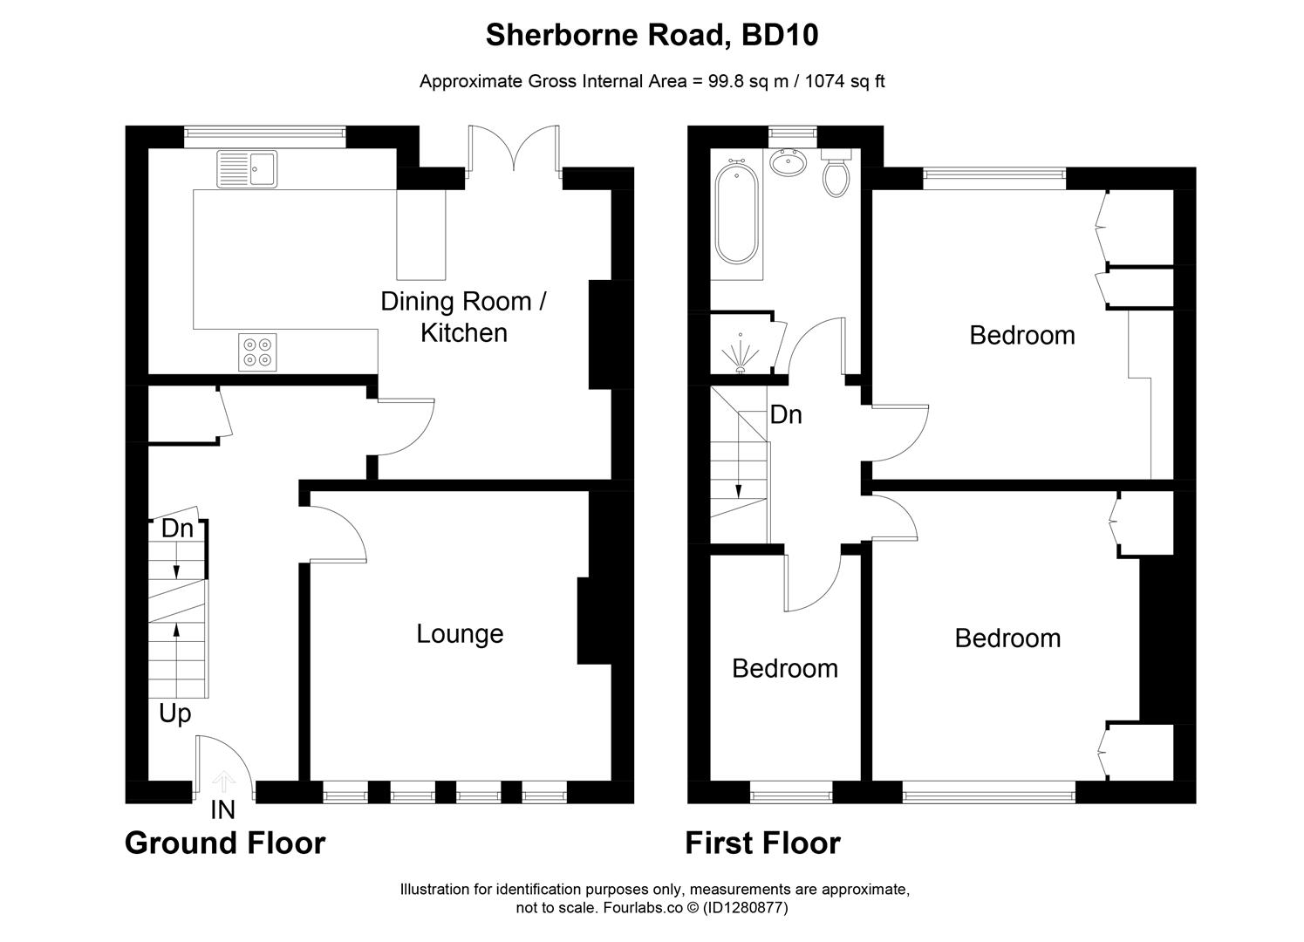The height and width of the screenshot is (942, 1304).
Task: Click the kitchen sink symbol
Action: pyautogui.click(x=247, y=168)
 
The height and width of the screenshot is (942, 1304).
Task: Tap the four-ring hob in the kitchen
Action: pyautogui.click(x=257, y=352)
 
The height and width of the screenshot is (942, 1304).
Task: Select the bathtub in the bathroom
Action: pyautogui.click(x=736, y=215)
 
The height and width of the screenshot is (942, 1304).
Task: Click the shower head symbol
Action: pyautogui.click(x=741, y=352)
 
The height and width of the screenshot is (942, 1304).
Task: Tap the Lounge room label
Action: pyautogui.click(x=460, y=633)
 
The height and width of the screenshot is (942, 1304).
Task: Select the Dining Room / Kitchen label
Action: pyautogui.click(x=463, y=317)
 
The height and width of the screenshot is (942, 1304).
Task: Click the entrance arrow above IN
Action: pyautogui.click(x=223, y=780)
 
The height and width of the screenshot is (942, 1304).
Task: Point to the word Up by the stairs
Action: pyautogui.click(x=174, y=713)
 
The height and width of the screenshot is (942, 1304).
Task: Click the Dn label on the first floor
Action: pyautogui.click(x=785, y=414)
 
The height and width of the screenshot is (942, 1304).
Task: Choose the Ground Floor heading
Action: pyautogui.click(x=225, y=843)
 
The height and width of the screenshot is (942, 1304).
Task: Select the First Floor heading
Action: pyautogui.click(x=762, y=843)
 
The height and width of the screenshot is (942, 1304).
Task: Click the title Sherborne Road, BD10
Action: pyautogui.click(x=652, y=35)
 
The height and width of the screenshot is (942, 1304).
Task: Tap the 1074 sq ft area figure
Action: pyautogui.click(x=844, y=81)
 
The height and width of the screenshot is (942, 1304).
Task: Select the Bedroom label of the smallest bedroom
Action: pyautogui.click(x=784, y=668)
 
